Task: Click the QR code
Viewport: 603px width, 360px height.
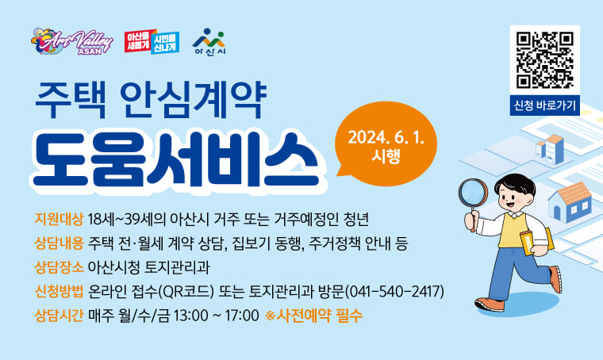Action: [x=544, y=59]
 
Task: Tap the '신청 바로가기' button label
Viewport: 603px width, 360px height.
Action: [x=544, y=104]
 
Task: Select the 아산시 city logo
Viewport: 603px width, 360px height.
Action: [x=209, y=40]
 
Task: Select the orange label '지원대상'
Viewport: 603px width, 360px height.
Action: [x=60, y=218]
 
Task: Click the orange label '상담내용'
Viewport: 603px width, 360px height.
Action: [x=60, y=242]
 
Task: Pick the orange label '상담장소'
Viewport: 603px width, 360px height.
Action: [x=60, y=266]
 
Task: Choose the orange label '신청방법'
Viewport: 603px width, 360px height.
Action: [x=60, y=291]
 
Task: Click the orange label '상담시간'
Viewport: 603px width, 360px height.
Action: [x=60, y=316]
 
